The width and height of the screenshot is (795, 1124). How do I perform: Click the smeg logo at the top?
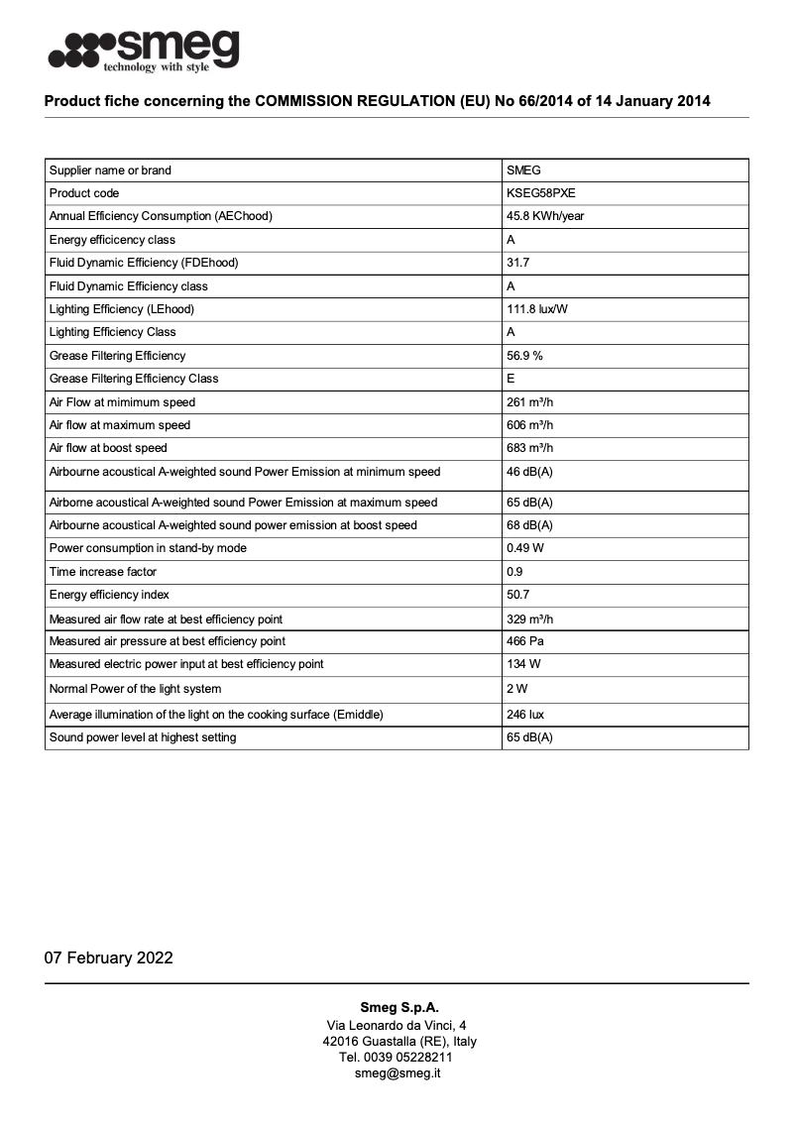tap(144, 50)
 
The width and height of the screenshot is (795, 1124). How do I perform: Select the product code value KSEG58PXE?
tap(540, 193)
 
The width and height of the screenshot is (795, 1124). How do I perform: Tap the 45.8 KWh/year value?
tap(545, 216)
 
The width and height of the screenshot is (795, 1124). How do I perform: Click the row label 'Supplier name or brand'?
tap(110, 170)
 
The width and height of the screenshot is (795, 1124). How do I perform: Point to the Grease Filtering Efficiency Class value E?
tap(511, 379)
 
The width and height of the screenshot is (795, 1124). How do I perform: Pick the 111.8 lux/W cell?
tap(537, 309)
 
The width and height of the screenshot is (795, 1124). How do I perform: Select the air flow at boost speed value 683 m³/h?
tap(529, 448)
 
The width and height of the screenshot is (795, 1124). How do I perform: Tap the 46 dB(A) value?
tap(529, 472)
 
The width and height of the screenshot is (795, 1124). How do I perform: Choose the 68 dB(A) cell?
tap(529, 525)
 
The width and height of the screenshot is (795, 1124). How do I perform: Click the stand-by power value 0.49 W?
tap(524, 548)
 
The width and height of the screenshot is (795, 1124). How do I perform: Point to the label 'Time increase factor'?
tap(103, 572)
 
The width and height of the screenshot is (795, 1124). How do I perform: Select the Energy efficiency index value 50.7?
tap(517, 595)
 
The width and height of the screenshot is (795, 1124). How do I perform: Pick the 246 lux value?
tap(524, 715)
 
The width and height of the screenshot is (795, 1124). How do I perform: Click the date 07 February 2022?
tap(108, 957)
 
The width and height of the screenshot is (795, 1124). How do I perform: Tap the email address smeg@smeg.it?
tap(397, 1072)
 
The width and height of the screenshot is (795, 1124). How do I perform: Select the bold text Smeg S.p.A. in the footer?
tap(397, 1007)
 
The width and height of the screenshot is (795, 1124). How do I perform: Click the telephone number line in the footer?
tap(397, 1057)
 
